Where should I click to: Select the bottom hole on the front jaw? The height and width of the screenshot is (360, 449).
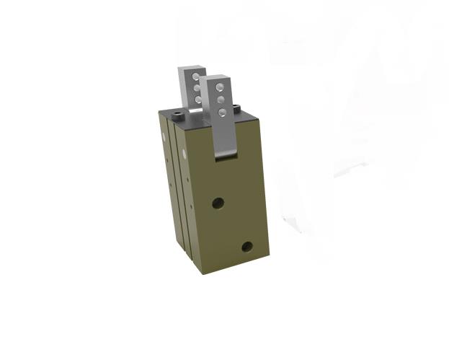coord(221,112)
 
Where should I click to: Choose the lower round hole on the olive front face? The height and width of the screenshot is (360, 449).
coord(247,246)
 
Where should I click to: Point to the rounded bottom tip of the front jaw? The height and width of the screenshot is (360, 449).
coord(227,154)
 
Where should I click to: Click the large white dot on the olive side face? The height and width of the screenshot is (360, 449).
coord(186,154)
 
